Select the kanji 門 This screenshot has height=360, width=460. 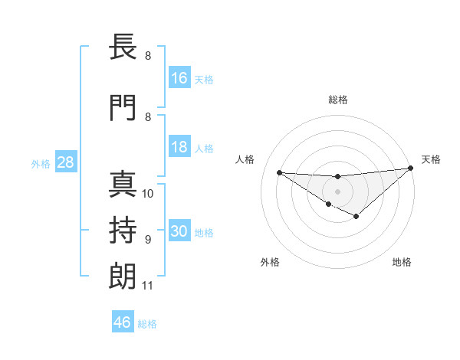click(x=123, y=108)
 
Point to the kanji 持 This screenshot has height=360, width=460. click(x=123, y=231)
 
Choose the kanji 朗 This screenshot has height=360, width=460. click(x=123, y=277)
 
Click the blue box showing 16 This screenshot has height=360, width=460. click(x=179, y=78)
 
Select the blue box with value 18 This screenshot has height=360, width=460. click(x=179, y=147)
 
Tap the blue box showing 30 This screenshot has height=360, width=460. click(x=179, y=231)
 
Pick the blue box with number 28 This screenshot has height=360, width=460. click(x=65, y=162)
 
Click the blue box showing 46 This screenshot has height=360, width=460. click(x=123, y=322)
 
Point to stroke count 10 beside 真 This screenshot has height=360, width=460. click(x=148, y=194)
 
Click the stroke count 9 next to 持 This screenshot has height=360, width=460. click(x=147, y=240)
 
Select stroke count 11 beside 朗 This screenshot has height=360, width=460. click(x=147, y=286)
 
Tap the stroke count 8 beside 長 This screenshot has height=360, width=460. click(x=147, y=55)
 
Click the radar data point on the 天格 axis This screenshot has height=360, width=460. click(x=411, y=169)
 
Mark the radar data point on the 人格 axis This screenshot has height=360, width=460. click(x=279, y=172)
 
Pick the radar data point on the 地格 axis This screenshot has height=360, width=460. click(x=356, y=217)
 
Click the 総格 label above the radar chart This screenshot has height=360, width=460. click(x=338, y=100)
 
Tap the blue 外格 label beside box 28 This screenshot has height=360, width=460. click(x=41, y=163)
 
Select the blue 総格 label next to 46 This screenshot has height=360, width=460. click(x=147, y=323)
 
